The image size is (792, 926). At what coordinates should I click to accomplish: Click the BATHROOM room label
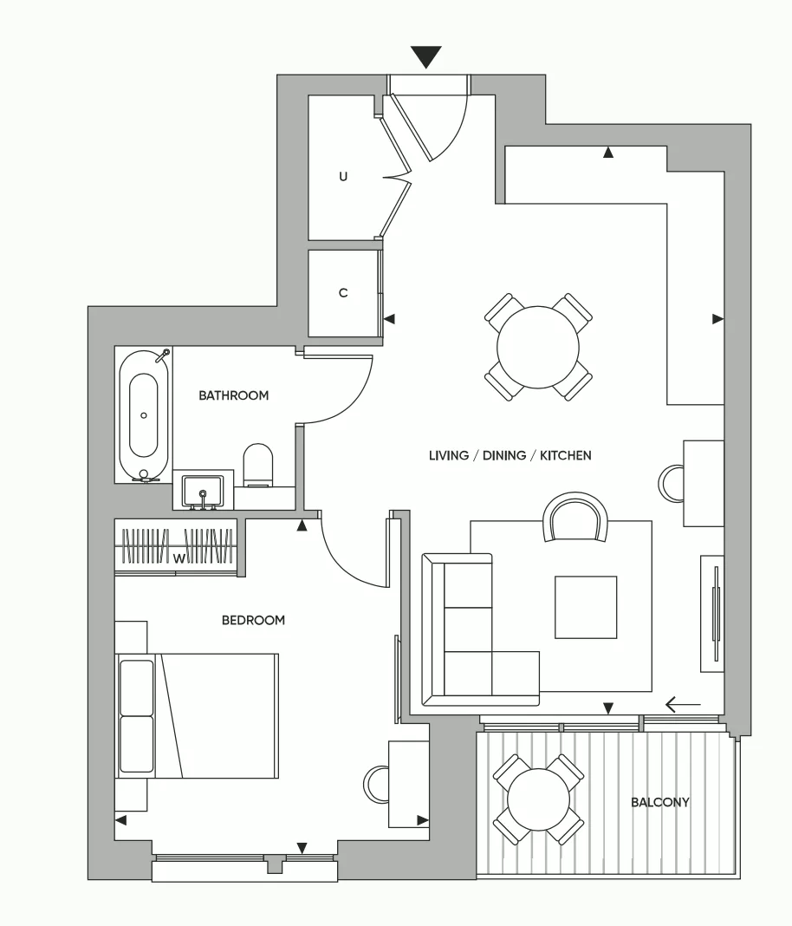click(234, 395)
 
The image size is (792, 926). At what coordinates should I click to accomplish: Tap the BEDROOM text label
click(253, 620)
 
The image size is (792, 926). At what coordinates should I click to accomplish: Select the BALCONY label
click(659, 802)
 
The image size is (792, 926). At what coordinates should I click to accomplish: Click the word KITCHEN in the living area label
click(565, 455)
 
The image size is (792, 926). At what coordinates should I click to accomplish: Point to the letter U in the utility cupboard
click(343, 176)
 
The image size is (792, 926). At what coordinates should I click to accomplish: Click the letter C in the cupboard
click(343, 293)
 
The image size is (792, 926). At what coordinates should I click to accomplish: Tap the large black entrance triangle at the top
click(426, 56)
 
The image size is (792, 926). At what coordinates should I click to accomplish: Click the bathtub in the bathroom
click(144, 416)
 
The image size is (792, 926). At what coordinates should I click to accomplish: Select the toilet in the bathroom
click(258, 466)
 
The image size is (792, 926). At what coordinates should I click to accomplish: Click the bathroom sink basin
click(203, 490)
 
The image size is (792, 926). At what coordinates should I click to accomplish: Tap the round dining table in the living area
click(538, 347)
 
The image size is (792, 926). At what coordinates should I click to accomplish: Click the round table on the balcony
click(538, 799)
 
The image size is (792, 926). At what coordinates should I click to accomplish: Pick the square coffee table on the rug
click(586, 607)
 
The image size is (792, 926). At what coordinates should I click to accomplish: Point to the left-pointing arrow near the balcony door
click(683, 704)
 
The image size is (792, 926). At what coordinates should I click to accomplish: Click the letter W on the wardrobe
click(179, 558)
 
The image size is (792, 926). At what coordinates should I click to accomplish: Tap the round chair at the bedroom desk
click(376, 784)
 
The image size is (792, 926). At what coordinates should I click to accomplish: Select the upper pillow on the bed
click(136, 687)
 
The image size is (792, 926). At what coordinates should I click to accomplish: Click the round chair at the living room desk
click(671, 483)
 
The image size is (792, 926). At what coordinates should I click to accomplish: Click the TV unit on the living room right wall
click(712, 613)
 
